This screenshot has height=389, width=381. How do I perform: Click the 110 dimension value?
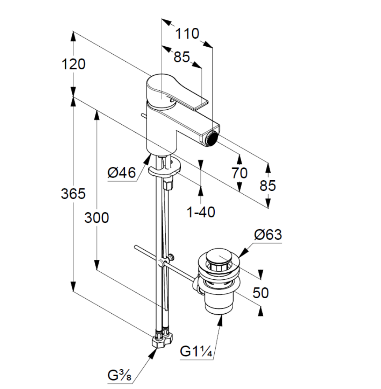pyautogui.click(x=187, y=33)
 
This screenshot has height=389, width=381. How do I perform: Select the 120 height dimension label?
pyautogui.click(x=73, y=64)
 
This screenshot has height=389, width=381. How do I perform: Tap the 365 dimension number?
pyautogui.click(x=73, y=193)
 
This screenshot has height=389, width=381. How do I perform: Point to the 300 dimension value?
pyautogui.click(x=97, y=217)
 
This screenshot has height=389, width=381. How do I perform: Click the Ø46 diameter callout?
pyautogui.click(x=121, y=173)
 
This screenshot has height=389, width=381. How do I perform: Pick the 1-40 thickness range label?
pyautogui.click(x=201, y=212)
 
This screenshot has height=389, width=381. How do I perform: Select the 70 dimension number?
pyautogui.click(x=240, y=173)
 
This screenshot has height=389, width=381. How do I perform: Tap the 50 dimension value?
pyautogui.click(x=261, y=293)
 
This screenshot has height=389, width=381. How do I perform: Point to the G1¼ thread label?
pyautogui.click(x=197, y=352)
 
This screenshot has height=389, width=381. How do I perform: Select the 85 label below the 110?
pyautogui.click(x=181, y=57)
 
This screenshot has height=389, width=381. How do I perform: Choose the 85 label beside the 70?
pyautogui.click(x=267, y=185)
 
